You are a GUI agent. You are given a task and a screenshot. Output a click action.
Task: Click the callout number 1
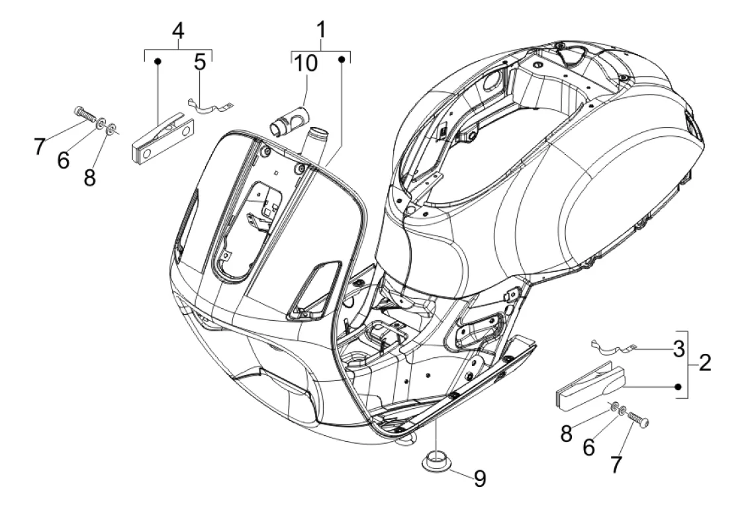point(322,30)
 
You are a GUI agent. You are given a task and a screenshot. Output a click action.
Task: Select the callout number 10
point(306,63)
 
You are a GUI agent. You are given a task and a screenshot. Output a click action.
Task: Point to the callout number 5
point(201,62)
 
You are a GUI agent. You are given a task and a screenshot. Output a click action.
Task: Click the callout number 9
point(480,479)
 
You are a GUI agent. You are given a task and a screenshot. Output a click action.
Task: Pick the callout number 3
point(679,349)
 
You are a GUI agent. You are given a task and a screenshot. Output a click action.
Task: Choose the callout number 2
point(705,363)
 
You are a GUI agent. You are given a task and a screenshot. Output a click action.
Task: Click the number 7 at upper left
point(40,146)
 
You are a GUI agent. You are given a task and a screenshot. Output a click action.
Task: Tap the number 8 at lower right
point(566,433)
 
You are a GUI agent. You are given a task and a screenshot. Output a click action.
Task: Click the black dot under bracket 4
point(158,62)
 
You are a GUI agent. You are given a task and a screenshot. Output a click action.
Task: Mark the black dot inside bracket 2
point(678,386)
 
